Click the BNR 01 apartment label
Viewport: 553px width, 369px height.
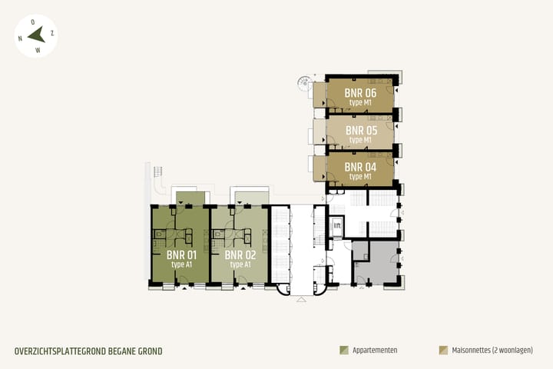point(182,254)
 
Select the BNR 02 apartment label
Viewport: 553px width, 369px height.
point(240,254)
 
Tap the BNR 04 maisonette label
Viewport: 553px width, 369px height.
point(359,167)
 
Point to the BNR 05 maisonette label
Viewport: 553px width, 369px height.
point(360,130)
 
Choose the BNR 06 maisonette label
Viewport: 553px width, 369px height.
point(360,93)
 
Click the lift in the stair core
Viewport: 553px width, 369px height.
point(336,226)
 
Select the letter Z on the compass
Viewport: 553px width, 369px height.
point(51,33)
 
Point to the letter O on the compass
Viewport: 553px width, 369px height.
point(32,22)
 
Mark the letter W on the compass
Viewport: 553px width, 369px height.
point(38,50)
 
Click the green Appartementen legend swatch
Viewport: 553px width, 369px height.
point(343,350)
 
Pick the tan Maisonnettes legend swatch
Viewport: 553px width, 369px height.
point(443,350)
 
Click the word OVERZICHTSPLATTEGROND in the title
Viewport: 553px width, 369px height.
point(59,351)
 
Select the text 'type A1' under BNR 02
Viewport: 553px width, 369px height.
point(240,264)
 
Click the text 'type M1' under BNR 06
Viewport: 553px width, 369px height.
point(360,102)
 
